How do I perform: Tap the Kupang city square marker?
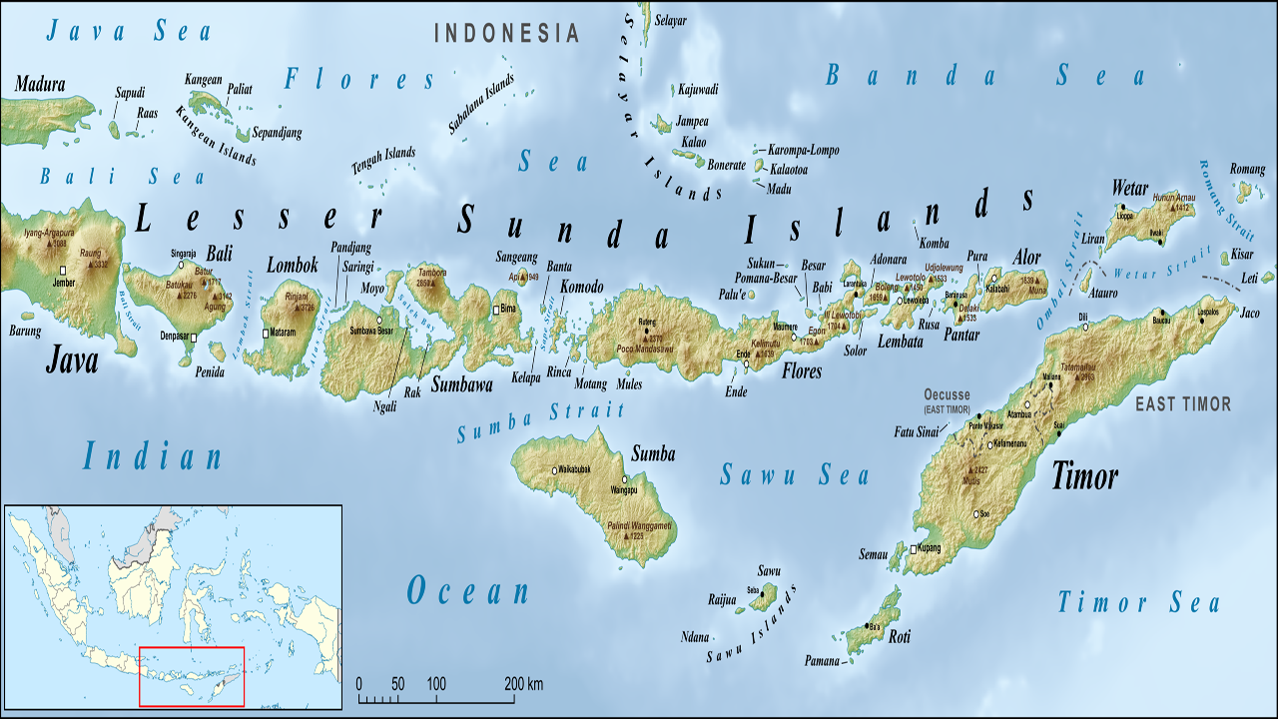point(913,549)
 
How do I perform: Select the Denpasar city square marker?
point(194,339)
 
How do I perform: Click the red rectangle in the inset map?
point(191,677)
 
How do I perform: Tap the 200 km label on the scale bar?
point(523,684)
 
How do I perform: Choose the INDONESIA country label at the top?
point(506,33)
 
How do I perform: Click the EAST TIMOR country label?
point(1183,403)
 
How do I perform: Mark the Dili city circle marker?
point(1084,326)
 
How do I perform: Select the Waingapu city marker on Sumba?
point(628,479)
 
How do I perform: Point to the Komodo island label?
point(581,287)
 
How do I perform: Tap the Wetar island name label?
point(1130,189)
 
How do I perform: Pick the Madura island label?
point(40,84)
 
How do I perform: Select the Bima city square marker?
point(496,310)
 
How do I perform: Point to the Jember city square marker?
point(63,271)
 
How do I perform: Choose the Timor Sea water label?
point(1139,602)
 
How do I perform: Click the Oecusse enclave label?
point(949,393)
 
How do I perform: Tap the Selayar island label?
point(671,20)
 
